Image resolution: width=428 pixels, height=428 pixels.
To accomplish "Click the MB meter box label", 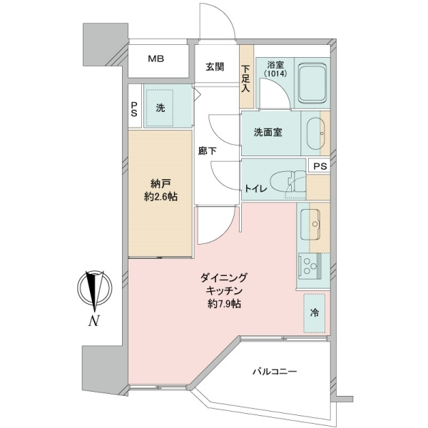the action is (x=156, y=58).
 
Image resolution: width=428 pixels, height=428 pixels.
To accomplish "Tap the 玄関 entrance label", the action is (x=215, y=66).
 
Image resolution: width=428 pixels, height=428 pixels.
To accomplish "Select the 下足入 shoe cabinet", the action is (x=247, y=77).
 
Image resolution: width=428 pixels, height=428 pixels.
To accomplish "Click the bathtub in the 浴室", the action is (x=312, y=83).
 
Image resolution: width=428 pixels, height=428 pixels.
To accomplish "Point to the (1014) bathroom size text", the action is (x=275, y=74).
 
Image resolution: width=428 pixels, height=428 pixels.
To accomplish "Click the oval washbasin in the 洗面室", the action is (x=315, y=133).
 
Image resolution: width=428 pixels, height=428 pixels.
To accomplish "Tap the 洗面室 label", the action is (x=267, y=133).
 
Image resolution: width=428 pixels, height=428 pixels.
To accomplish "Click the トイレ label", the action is (x=255, y=188).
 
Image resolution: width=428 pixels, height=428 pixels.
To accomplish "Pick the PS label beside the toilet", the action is (x=320, y=166).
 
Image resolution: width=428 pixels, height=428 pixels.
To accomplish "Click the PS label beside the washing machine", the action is (x=134, y=109).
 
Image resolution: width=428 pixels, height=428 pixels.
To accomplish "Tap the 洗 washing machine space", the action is (x=160, y=108).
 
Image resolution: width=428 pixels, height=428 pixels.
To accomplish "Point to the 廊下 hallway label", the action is (x=208, y=151).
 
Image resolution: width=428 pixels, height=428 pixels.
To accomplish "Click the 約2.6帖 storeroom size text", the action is (x=160, y=197).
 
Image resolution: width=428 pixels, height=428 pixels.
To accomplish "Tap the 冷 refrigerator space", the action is (x=315, y=313).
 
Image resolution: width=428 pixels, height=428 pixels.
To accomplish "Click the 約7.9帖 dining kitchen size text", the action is (x=224, y=305).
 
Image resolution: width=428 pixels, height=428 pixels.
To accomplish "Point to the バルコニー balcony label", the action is (x=275, y=372).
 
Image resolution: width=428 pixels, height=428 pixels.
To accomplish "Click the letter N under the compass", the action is (x=93, y=320).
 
